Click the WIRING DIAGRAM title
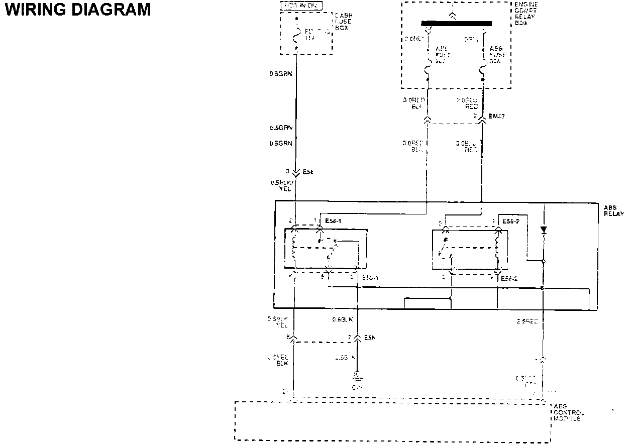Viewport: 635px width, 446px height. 78,10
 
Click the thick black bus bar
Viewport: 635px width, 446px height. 456,23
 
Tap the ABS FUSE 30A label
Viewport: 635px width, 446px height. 497,55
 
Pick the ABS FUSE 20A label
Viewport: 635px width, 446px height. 443,55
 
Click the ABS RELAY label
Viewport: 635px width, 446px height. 614,210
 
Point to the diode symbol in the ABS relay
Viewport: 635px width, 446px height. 544,230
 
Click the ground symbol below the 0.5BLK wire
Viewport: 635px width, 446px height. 357,377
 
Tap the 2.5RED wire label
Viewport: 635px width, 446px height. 527,321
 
